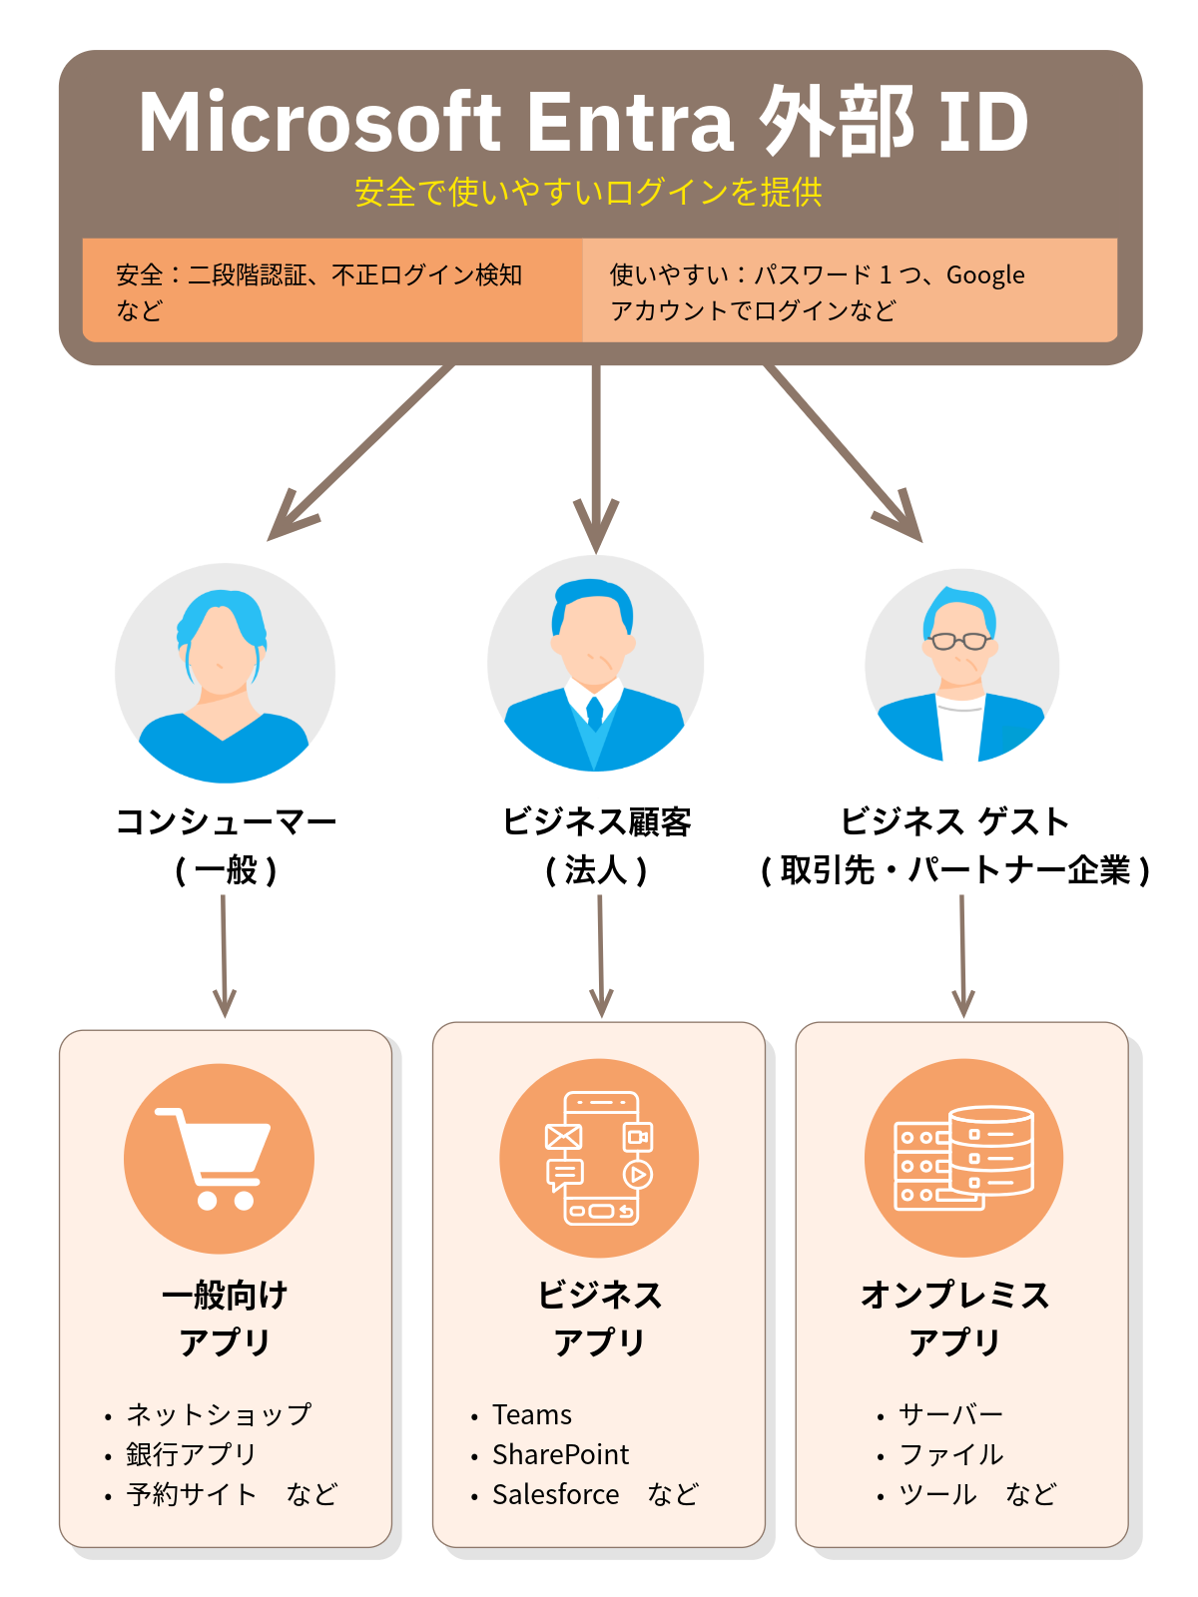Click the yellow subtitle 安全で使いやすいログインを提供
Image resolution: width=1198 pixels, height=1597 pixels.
click(x=588, y=192)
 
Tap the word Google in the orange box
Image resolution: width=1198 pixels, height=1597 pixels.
click(x=985, y=275)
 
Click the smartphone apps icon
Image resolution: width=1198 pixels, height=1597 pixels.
click(x=598, y=1158)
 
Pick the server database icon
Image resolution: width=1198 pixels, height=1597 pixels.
click(x=963, y=1158)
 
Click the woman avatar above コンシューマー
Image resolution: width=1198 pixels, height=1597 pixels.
click(x=225, y=674)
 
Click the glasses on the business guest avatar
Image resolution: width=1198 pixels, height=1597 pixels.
click(x=959, y=641)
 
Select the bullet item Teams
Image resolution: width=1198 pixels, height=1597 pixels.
click(x=532, y=1415)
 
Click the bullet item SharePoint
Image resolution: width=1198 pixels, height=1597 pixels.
click(x=560, y=1455)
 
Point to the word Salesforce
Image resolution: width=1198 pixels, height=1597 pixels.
click(x=555, y=1495)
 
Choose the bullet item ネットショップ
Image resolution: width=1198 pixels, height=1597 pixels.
click(x=219, y=1415)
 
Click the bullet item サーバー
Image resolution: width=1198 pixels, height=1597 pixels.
click(x=950, y=1415)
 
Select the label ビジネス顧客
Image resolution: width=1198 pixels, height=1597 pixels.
click(x=596, y=822)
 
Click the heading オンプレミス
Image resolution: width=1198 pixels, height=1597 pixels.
click(x=954, y=1296)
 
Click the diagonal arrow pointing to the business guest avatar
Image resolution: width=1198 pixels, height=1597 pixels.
click(x=845, y=454)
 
